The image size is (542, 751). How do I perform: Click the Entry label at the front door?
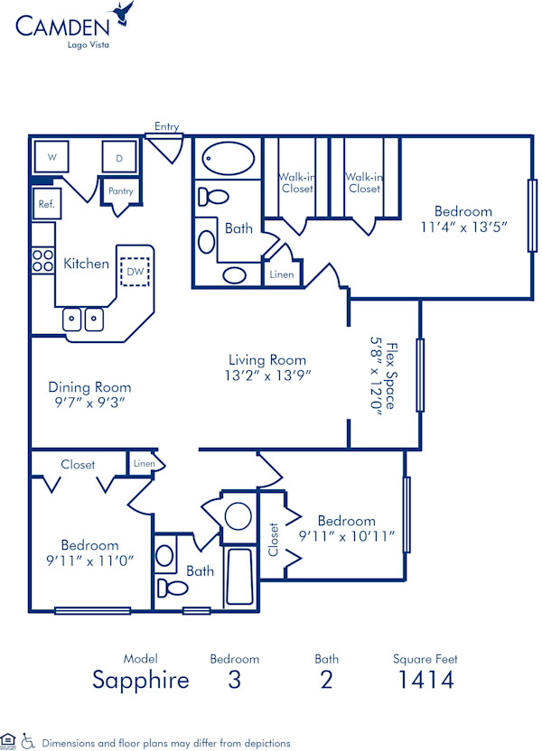coord(166,126)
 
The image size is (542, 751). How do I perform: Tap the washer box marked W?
coord(52,157)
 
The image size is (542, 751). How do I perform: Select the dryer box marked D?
coord(118,158)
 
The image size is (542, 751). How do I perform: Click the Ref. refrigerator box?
coord(46,204)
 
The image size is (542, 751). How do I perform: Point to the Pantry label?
coord(121,191)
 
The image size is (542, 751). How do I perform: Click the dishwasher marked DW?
coord(135,271)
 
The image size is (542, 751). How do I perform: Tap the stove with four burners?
coord(42,261)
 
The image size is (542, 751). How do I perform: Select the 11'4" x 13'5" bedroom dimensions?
coord(464,227)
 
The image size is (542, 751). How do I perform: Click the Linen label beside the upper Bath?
coord(280,274)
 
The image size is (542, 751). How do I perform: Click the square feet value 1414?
coord(425,680)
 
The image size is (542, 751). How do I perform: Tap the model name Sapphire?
coord(141,680)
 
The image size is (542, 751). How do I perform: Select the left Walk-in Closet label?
coord(296,182)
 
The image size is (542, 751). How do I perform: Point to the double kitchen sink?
coord(82,318)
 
